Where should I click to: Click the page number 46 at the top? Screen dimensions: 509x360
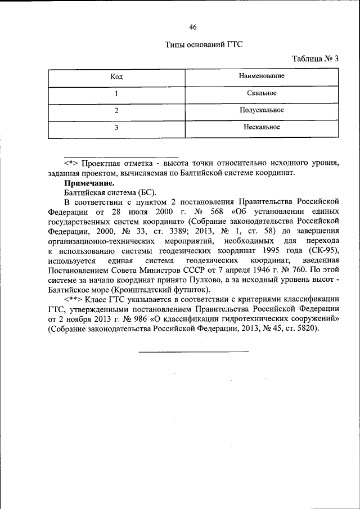193,26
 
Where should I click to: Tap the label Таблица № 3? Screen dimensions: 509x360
316,58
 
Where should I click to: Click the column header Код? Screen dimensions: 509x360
116,76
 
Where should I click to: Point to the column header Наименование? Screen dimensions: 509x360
262,75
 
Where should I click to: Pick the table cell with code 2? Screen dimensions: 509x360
116,110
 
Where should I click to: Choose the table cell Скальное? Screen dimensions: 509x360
262,93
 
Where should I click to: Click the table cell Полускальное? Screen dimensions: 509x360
262,110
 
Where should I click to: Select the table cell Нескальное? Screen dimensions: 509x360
262,127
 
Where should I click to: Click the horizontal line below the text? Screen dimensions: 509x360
193,352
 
